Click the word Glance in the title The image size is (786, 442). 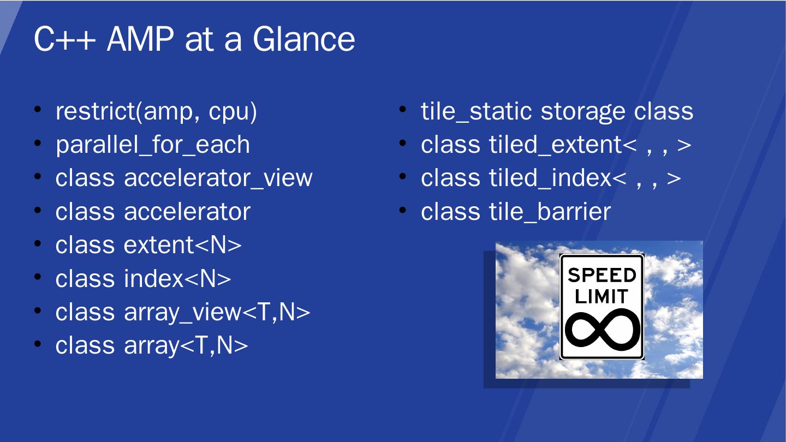(303, 39)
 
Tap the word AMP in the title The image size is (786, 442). (140, 39)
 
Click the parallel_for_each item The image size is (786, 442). (153, 145)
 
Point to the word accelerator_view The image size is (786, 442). (218, 178)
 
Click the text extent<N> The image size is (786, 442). (182, 245)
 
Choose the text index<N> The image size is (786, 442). (177, 278)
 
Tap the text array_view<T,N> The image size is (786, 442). (217, 313)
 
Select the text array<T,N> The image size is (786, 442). (186, 346)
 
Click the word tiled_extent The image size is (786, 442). (556, 145)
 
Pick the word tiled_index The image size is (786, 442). (551, 178)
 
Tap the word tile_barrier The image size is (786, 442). (550, 212)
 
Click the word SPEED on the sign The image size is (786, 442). (602, 275)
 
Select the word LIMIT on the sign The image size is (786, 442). (602, 296)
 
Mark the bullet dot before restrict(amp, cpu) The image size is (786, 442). (38, 110)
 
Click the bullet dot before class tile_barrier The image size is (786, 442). (403, 210)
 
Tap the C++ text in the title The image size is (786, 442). (65, 39)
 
